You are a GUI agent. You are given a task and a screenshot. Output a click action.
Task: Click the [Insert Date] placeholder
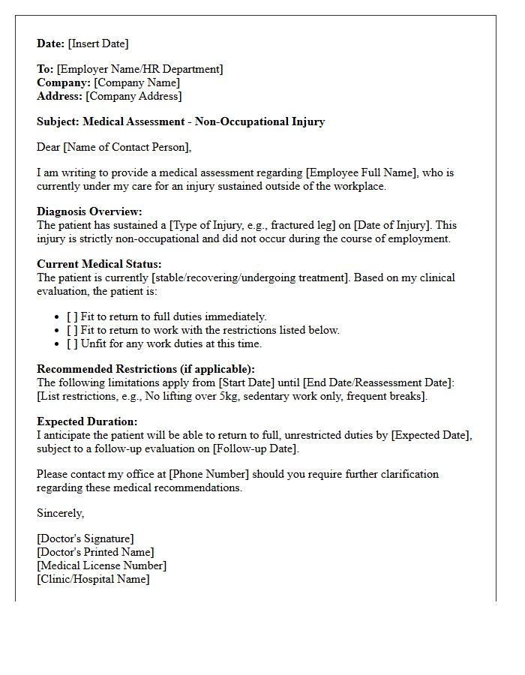coord(98,43)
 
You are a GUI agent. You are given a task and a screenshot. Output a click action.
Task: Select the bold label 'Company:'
coord(64,82)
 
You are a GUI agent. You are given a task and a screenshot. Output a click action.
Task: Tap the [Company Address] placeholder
coord(133,96)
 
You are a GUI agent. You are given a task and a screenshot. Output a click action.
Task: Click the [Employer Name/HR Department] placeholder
coord(139,69)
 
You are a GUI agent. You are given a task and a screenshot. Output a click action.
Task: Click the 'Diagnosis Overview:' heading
coord(89,211)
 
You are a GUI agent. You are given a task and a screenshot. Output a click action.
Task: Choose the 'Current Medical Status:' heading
coord(99,264)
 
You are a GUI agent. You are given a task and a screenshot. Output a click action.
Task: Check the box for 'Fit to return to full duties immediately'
coord(72,316)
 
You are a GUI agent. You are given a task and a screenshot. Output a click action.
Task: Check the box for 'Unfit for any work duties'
coord(72,343)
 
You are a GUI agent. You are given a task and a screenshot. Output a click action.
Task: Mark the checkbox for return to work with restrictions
coord(72,330)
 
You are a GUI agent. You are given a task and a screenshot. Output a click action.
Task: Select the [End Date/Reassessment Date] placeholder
coord(378,382)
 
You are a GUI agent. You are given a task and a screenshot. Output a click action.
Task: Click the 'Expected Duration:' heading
coord(87,421)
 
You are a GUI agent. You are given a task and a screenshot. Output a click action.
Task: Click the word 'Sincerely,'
coord(61,513)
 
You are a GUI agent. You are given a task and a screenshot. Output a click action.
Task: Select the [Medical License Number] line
coord(101,565)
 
